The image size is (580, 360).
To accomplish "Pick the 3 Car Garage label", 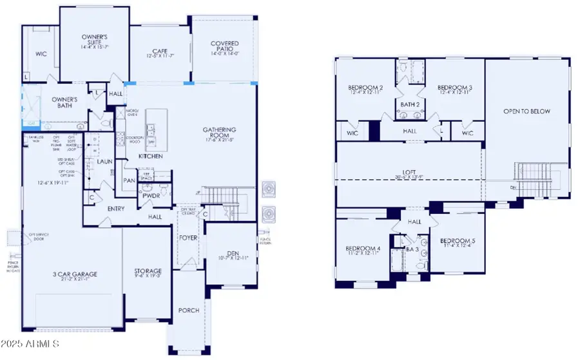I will [x=75, y=274].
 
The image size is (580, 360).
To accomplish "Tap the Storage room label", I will [x=148, y=271].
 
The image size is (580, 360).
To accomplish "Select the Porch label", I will [x=189, y=310].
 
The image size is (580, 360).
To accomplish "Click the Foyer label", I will [x=188, y=238].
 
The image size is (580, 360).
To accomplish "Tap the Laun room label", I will [x=104, y=162].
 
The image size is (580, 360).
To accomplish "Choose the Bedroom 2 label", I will [x=366, y=88].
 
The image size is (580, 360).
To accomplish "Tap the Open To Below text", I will [x=527, y=111].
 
